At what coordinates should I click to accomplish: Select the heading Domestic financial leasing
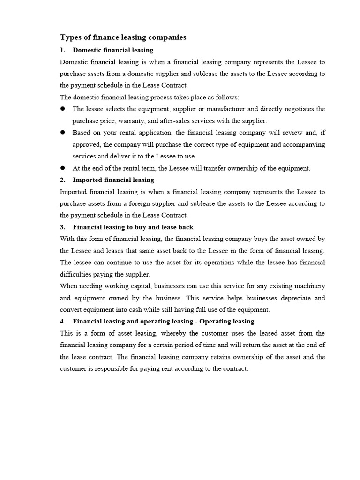pos(113,50)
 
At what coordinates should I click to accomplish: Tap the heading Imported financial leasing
pos(113,180)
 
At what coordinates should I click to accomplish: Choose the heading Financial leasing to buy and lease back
pos(133,227)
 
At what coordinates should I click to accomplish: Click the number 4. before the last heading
pos(63,322)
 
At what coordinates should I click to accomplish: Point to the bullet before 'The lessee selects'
pos(62,109)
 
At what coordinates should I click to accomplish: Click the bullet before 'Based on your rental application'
pos(62,133)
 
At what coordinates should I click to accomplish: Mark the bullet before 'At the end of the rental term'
pos(62,168)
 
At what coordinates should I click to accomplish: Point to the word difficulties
pos(76,275)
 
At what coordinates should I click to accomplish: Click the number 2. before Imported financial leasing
pos(63,180)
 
